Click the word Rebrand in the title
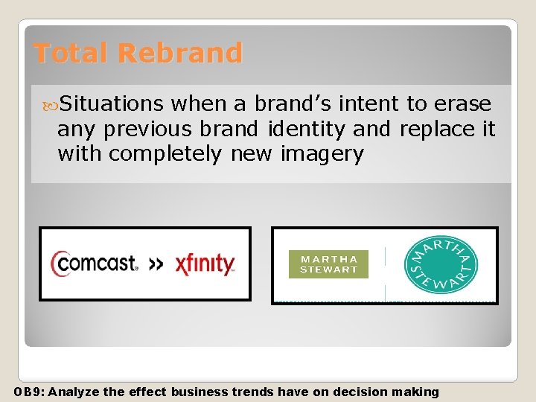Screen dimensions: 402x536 pos(180,53)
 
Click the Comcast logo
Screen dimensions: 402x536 pos(95,264)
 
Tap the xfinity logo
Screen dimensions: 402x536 pos(205,264)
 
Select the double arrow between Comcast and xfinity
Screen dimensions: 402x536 pos(156,264)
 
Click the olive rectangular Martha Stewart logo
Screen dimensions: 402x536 pos(328,264)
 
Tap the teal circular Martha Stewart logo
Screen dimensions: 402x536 pos(441,264)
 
